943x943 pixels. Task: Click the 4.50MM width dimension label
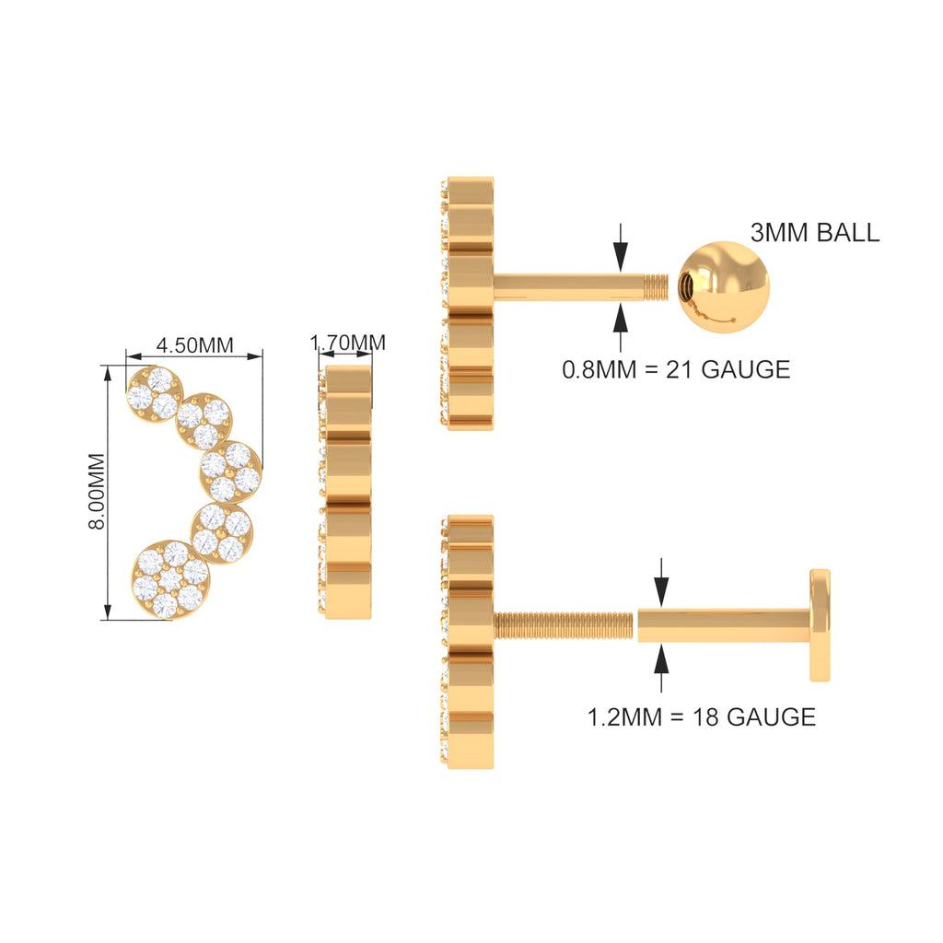pos(195,345)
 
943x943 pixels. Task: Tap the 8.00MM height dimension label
pos(98,492)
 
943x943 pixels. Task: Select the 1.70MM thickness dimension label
pos(347,343)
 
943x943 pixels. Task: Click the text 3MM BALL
pos(815,232)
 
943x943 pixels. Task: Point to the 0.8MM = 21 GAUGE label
pos(676,369)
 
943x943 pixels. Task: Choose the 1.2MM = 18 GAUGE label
pos(701,716)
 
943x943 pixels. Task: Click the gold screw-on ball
pos(724,287)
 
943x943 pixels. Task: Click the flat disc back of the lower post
pos(820,625)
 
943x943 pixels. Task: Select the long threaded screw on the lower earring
pos(564,625)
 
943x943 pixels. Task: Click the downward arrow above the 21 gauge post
pos(621,248)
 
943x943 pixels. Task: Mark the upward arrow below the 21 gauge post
pos(621,329)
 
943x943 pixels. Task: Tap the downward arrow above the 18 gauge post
pos(661,582)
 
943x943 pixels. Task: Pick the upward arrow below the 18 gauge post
pos(661,669)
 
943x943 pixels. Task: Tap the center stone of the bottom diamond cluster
pos(170,580)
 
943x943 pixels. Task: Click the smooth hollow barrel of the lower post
pos(724,625)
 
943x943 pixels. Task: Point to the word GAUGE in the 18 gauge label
pos(771,716)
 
